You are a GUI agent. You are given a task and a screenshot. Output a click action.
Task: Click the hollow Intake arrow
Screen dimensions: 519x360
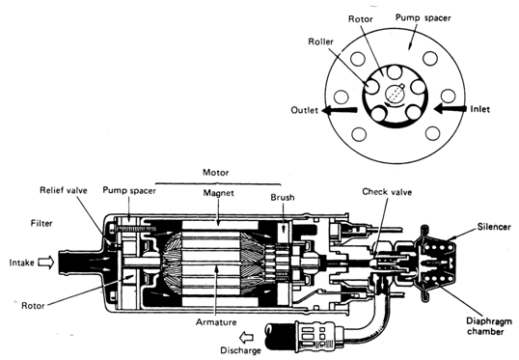click(x=46, y=263)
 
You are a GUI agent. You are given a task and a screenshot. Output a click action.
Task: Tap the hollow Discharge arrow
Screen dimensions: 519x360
click(x=247, y=338)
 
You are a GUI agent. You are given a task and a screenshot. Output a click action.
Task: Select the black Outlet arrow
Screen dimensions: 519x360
click(x=340, y=110)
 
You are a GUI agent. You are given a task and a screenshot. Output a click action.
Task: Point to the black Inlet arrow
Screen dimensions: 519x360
click(x=451, y=109)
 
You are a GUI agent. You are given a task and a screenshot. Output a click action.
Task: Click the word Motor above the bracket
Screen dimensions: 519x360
click(x=216, y=173)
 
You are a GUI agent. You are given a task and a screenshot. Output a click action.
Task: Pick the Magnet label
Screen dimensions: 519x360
click(x=218, y=193)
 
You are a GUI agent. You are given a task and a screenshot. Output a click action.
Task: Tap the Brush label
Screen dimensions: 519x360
click(x=283, y=198)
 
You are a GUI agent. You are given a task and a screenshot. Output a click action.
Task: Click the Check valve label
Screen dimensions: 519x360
click(x=387, y=192)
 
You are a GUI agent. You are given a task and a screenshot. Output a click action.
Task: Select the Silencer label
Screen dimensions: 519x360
click(x=494, y=227)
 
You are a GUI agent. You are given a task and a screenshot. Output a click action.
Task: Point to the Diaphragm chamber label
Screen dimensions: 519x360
click(x=489, y=326)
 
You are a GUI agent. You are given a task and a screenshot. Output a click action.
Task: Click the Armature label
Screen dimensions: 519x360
click(x=216, y=322)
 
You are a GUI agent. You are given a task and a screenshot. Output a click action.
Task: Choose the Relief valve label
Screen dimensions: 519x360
click(x=64, y=190)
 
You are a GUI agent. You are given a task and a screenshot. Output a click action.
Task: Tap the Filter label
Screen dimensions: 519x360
click(x=41, y=224)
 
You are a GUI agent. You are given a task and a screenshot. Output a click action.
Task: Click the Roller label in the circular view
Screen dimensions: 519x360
click(x=320, y=42)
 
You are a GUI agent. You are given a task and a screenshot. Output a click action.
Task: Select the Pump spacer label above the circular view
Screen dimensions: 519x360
click(x=423, y=18)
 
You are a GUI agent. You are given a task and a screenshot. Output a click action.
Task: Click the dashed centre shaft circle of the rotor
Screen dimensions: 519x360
click(x=395, y=95)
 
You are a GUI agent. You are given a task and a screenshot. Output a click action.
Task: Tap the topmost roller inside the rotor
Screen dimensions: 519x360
click(x=395, y=72)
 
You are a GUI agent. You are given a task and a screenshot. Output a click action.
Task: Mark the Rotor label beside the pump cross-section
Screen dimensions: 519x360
click(x=33, y=305)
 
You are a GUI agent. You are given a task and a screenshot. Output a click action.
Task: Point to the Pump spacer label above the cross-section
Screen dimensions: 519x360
click(x=129, y=190)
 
